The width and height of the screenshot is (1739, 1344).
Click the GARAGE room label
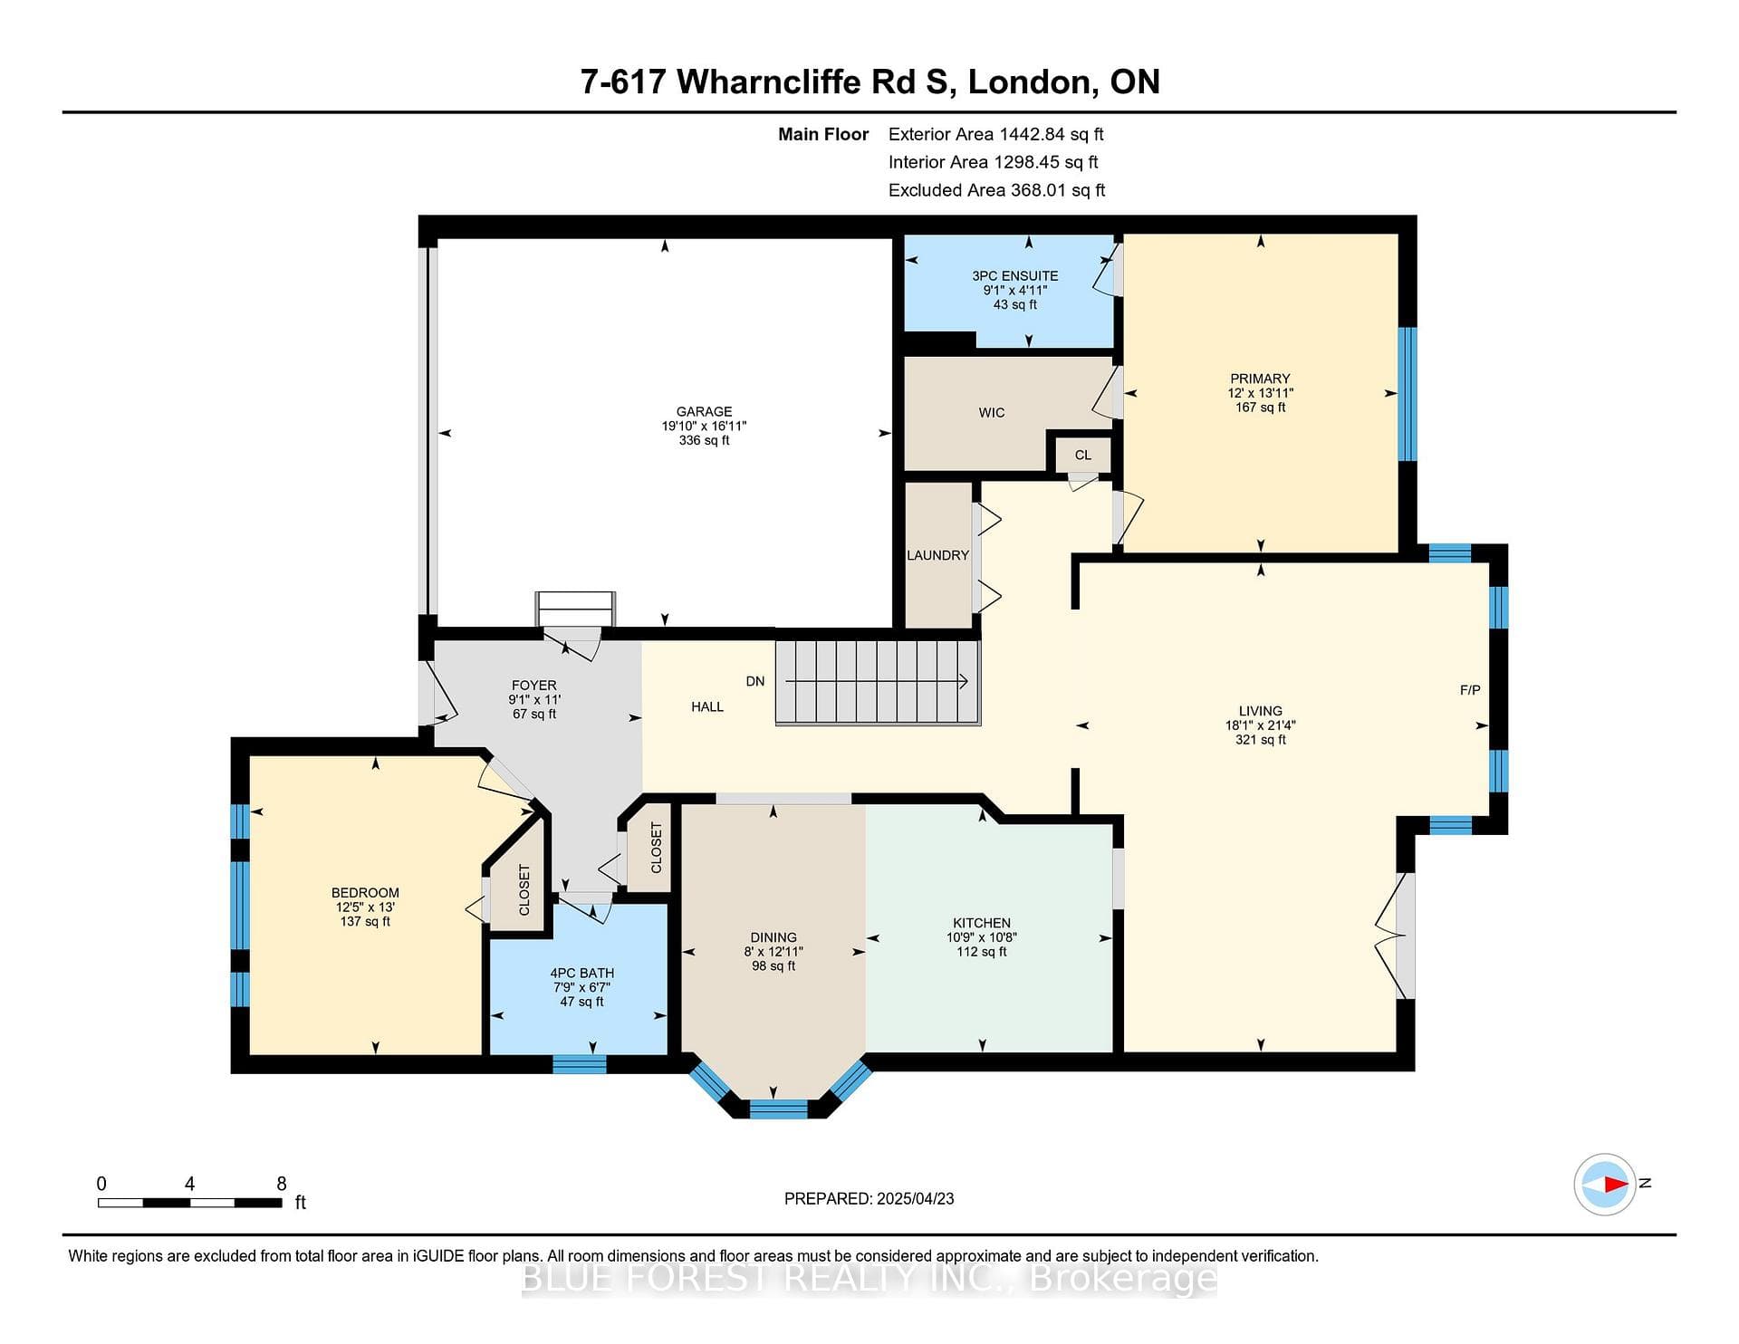click(704, 411)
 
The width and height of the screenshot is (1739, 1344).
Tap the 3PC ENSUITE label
click(1015, 275)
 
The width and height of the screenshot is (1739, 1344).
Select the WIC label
click(992, 412)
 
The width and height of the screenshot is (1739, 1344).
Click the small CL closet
click(1083, 455)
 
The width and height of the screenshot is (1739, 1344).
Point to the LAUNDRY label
click(938, 555)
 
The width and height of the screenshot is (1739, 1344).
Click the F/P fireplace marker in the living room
click(1470, 690)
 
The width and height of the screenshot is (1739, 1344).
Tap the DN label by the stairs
click(755, 681)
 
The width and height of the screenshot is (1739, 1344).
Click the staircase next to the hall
click(878, 682)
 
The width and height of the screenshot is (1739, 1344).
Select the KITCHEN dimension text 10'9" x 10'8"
click(982, 937)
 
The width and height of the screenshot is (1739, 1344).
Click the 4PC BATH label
click(581, 973)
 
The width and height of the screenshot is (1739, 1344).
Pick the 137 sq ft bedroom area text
click(365, 921)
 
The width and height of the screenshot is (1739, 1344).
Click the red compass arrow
click(1616, 1184)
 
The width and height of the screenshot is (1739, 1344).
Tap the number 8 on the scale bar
click(282, 1184)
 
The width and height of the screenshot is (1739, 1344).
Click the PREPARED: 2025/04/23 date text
click(869, 1198)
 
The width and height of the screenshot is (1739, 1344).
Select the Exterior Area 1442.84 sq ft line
click(996, 134)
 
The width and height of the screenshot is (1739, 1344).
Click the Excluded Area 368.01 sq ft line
click(997, 190)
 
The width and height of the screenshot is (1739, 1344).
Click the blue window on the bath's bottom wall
click(580, 1064)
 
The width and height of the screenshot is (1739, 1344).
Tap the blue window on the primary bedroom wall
click(1408, 394)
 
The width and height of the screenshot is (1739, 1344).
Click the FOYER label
click(534, 686)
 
